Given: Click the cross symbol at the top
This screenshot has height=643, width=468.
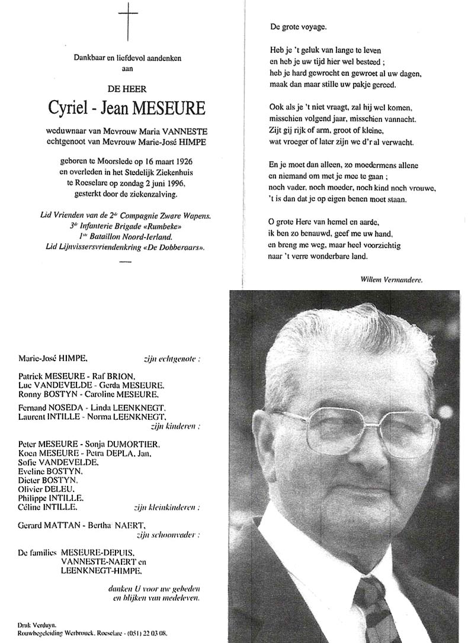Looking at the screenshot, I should click(128, 22).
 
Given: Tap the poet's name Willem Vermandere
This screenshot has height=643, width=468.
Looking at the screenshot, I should click(391, 278).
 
